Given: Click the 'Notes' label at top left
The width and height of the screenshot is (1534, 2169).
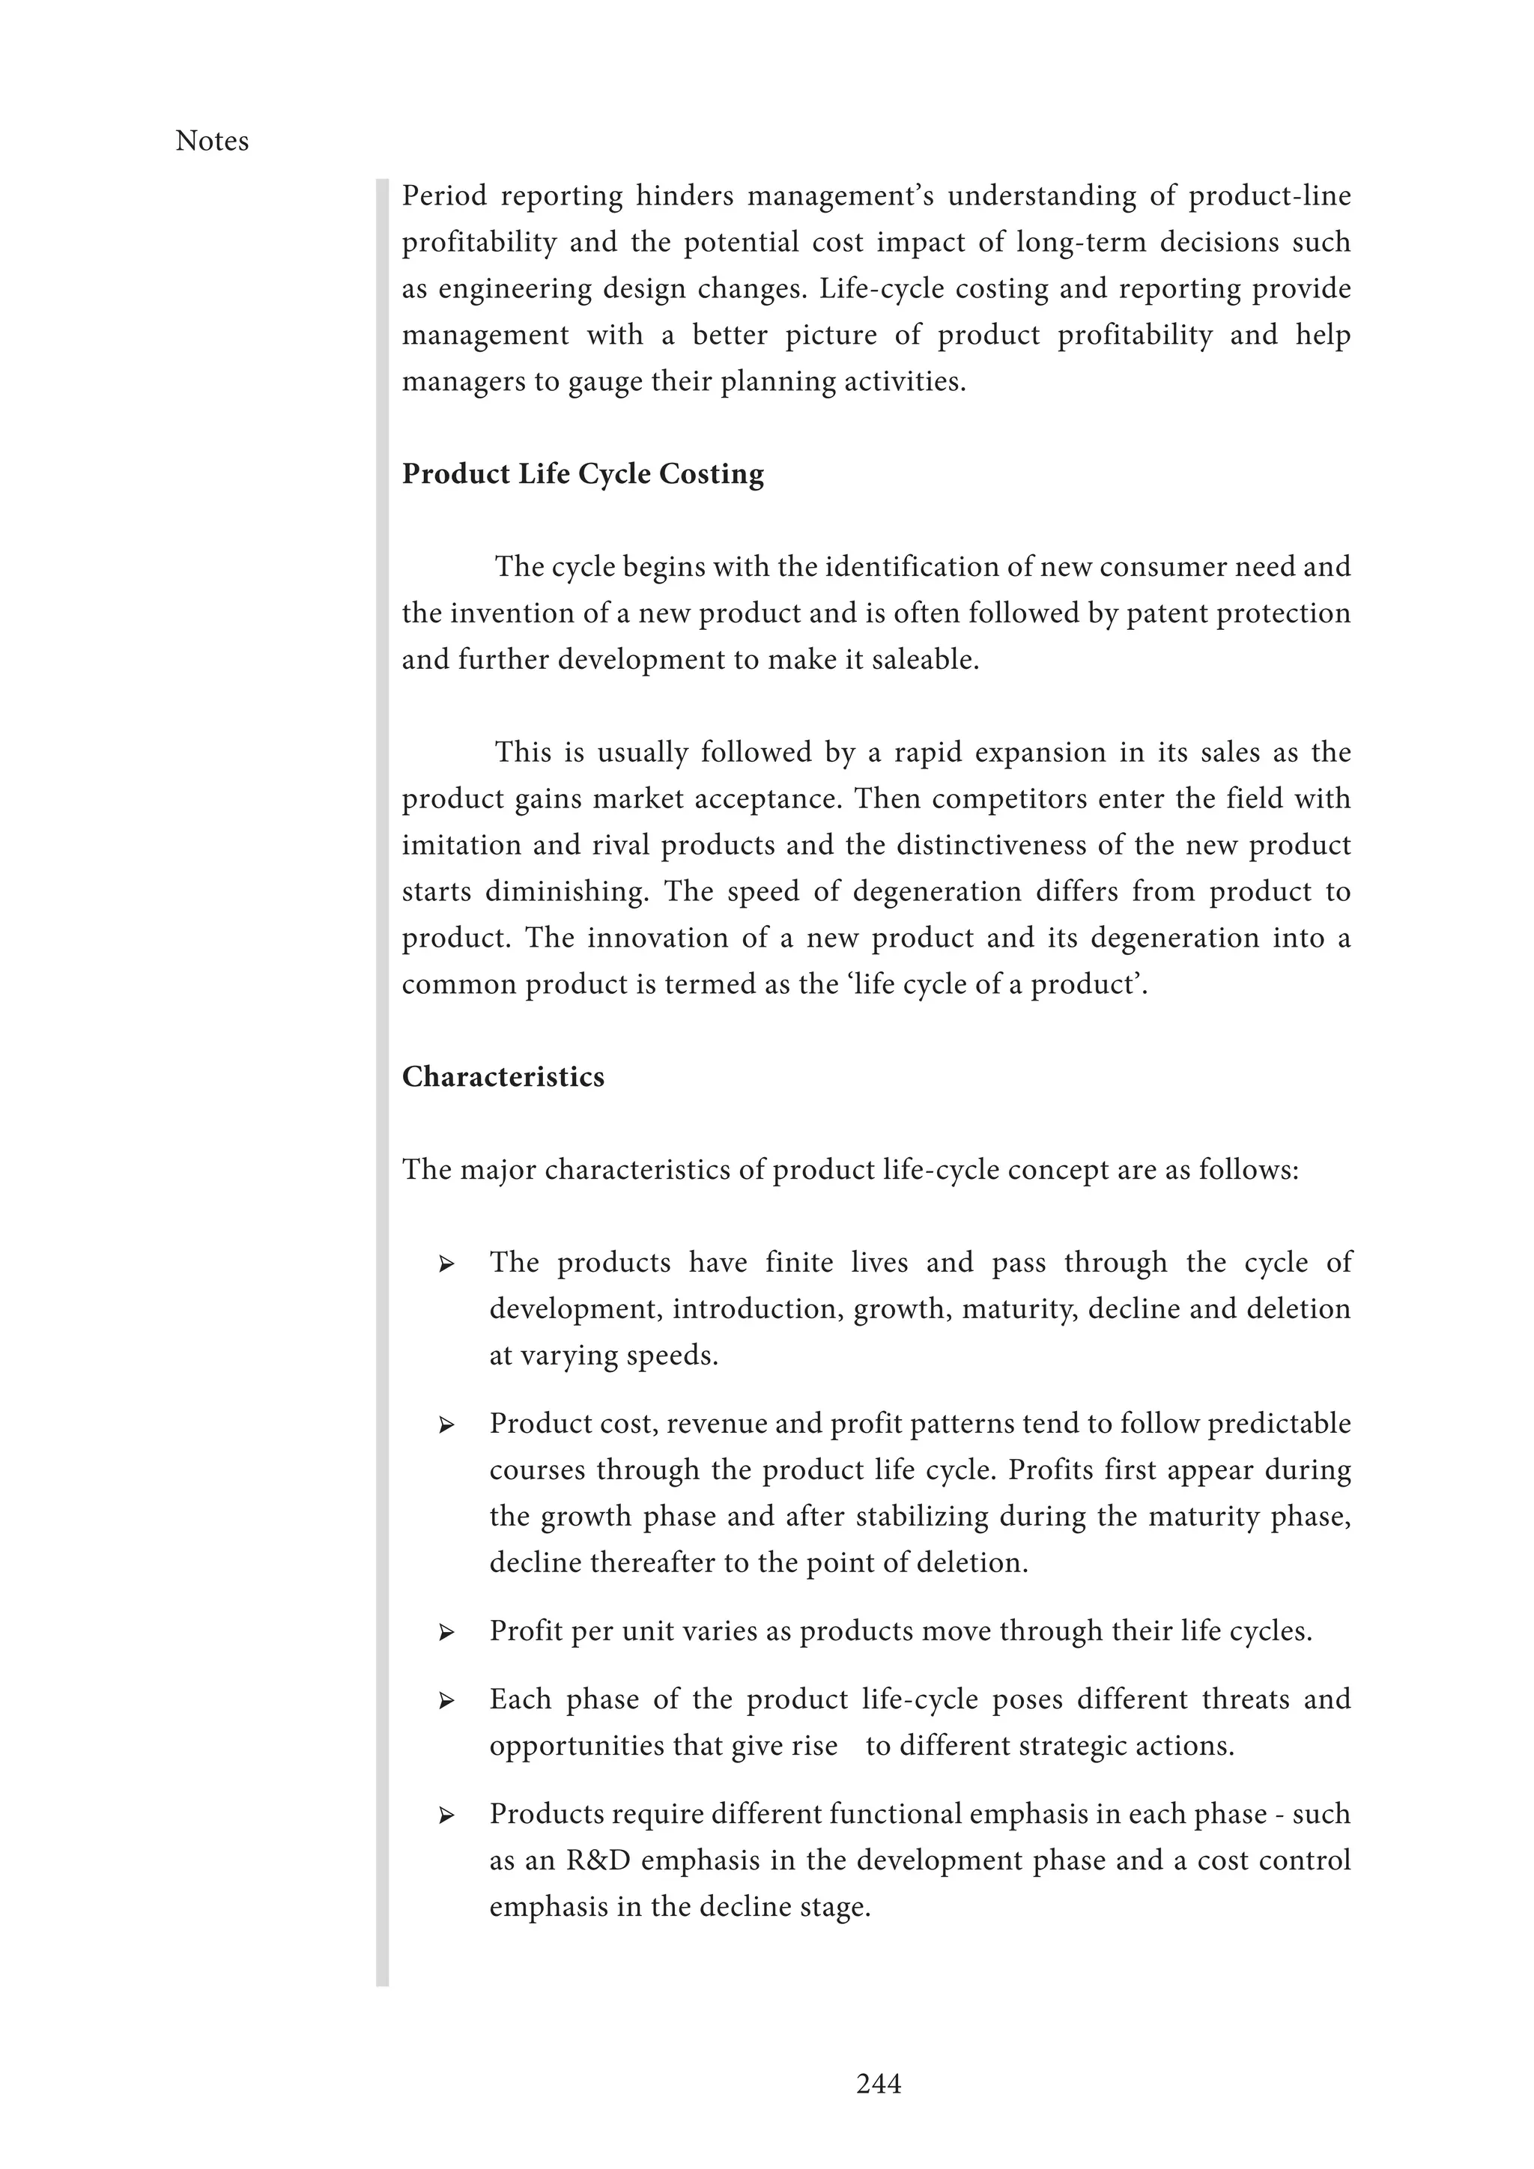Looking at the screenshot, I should coord(211,142).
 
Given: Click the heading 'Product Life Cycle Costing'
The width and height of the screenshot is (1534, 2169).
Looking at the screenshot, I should coord(583,473).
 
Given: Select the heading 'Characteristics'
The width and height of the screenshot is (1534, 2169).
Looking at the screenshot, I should coord(503,1076).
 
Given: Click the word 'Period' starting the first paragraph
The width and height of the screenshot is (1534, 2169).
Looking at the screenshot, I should coord(444,195).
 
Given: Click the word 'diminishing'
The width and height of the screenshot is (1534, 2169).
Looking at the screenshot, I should coord(567,891).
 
